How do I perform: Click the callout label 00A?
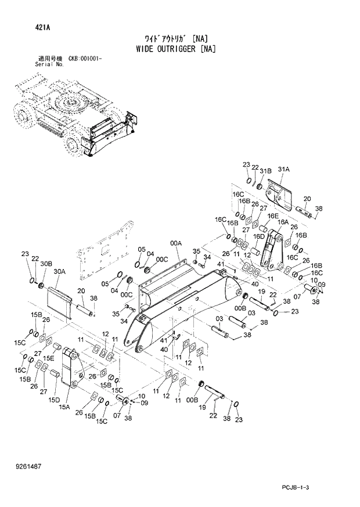coord(175,243)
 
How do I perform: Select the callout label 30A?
coord(59,271)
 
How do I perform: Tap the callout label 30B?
coord(45,264)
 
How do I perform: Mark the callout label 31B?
coord(265,171)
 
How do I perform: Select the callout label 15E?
coord(49,358)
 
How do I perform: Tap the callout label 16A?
coord(283,222)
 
